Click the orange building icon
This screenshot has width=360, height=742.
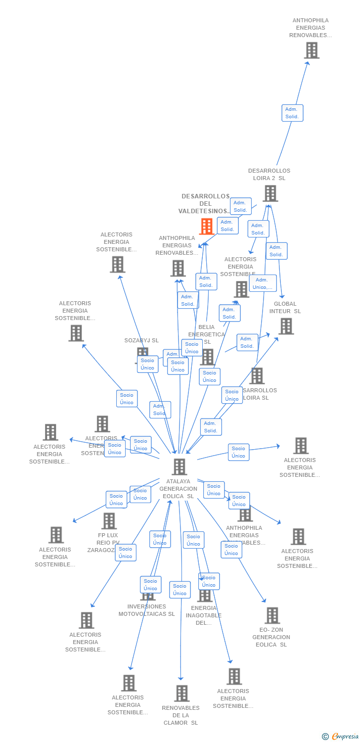pos(206,227)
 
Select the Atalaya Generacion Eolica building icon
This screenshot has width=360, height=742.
pos(179,466)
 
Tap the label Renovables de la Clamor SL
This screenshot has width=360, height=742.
pos(180,715)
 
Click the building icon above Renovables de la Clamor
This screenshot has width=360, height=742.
pos(181,693)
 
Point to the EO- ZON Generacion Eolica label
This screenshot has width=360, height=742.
pos(271,637)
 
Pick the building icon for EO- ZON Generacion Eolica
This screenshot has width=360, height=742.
pos(272,615)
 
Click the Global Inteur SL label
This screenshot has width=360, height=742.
pos(285,308)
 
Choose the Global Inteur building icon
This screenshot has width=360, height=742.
pos(286,326)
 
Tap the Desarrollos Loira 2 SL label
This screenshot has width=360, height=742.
pos(269,175)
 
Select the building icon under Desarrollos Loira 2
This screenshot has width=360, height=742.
pos(270,193)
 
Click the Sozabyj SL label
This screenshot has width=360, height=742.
pos(141,340)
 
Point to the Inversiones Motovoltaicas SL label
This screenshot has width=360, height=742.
pos(146,610)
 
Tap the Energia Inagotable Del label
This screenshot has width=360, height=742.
pos(204,615)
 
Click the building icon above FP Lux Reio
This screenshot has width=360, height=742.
pos(109,520)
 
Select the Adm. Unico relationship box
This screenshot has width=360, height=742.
pos(263,283)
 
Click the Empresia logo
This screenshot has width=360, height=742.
pos(341,737)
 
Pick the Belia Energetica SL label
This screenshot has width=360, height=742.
pos(207,334)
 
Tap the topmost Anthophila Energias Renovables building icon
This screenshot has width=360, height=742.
pos(312,50)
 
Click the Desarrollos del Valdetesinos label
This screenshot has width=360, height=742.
pos(205,204)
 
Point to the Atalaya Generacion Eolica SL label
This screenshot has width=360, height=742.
pos(178,489)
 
